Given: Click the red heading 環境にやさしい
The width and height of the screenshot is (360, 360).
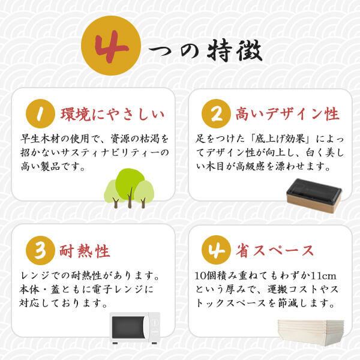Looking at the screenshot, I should pyautogui.click(x=112, y=114).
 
